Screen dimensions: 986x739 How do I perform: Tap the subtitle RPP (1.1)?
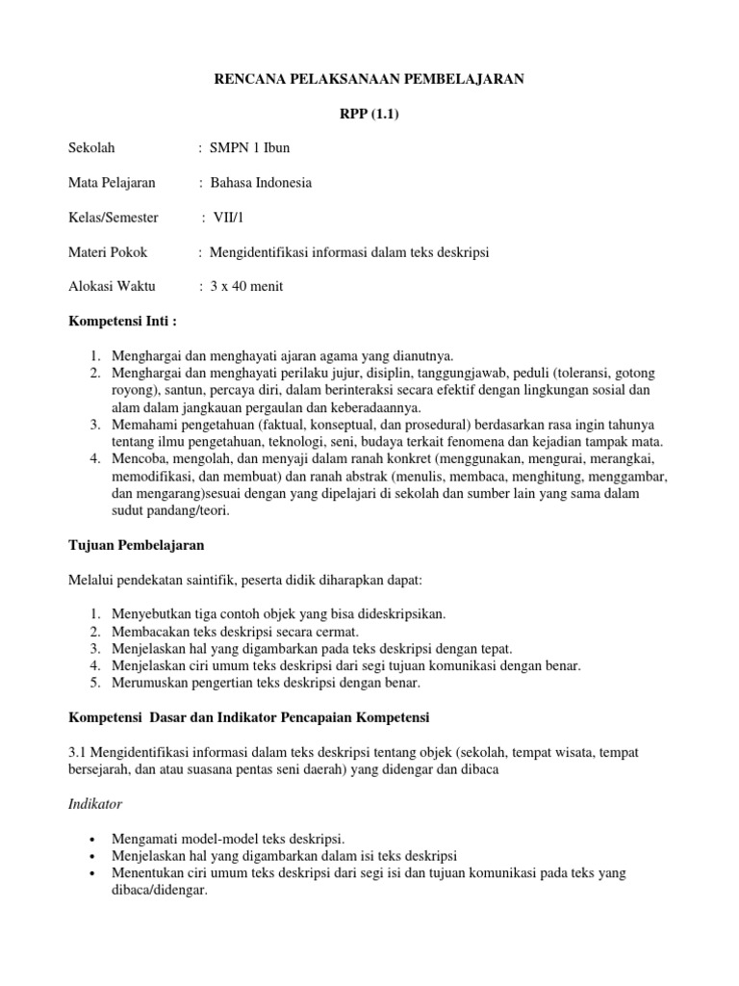[369, 115]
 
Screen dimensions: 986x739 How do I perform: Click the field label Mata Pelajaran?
[113, 182]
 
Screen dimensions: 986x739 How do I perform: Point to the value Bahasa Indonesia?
[261, 182]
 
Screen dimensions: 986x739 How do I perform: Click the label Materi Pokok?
[108, 252]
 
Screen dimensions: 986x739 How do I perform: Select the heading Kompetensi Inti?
[123, 321]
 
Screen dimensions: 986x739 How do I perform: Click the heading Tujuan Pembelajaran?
[136, 545]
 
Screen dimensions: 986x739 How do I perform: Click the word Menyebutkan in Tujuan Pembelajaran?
[153, 613]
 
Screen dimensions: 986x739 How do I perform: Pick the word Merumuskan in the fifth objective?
[152, 683]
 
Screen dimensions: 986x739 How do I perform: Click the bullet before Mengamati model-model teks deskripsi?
[90, 838]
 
